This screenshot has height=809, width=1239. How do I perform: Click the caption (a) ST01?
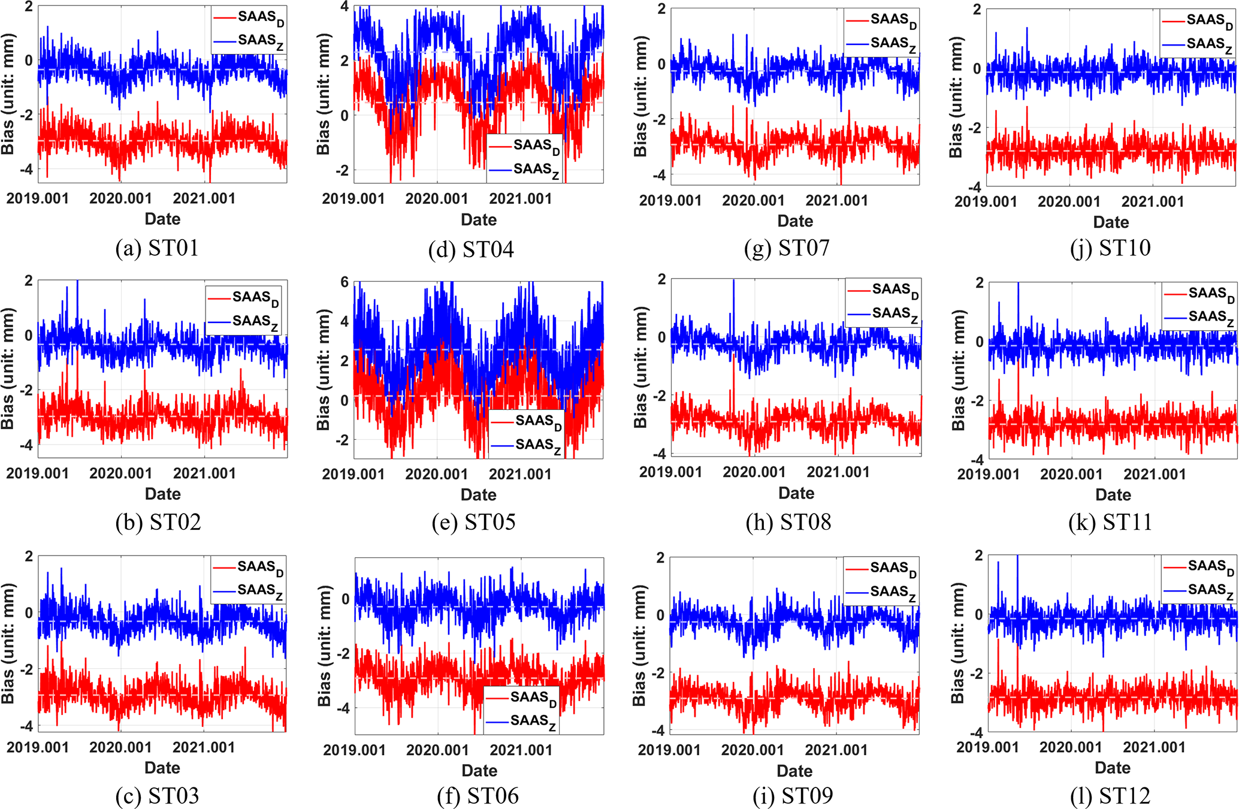[156, 247]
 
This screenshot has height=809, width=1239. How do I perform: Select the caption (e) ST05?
[473, 522]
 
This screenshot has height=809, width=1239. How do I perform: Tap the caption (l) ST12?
[1110, 796]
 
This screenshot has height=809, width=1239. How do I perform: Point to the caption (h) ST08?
[788, 522]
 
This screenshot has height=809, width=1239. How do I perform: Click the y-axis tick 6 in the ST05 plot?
[344, 282]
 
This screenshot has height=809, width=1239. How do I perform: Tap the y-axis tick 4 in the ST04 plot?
[344, 7]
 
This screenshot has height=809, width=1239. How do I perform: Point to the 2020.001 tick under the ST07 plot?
[753, 200]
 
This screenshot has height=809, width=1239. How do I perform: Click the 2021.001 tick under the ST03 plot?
[204, 747]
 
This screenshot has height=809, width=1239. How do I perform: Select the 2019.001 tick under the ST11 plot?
[988, 474]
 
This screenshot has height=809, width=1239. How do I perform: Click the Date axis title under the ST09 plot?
[794, 771]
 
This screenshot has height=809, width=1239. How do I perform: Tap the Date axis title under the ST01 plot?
[162, 219]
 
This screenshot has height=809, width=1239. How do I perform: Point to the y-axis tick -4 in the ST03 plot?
[26, 726]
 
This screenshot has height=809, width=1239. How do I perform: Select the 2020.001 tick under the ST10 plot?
[1069, 201]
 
